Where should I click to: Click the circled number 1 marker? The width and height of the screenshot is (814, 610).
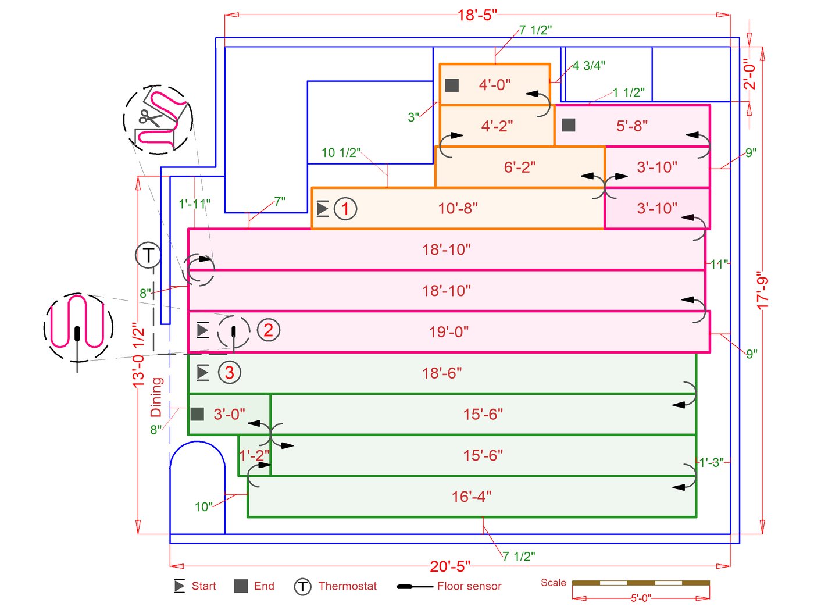[x=345, y=209]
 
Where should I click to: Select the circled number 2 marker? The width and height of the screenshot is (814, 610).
[x=268, y=330]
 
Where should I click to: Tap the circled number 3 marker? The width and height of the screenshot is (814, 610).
[x=229, y=372]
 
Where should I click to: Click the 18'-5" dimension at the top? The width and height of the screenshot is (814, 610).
[x=477, y=15]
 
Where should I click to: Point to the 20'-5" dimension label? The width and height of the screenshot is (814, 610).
[x=450, y=566]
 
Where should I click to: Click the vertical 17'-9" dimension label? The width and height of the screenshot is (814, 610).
[x=762, y=291]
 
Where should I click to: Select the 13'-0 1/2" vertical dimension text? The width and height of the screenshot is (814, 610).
[x=138, y=355]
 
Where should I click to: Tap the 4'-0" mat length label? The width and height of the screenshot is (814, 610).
[x=495, y=85]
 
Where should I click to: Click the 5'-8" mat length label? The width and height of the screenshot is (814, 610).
[x=632, y=126]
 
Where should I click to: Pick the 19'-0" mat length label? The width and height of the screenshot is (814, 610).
[x=449, y=332]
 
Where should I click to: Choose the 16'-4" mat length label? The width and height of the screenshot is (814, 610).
[x=472, y=497]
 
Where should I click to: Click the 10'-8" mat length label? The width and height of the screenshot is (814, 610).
[x=458, y=208]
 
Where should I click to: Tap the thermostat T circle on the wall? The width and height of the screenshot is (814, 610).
[x=148, y=255]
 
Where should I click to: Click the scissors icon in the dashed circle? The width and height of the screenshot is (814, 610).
[x=149, y=117]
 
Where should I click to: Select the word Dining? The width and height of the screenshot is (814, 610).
[x=156, y=397]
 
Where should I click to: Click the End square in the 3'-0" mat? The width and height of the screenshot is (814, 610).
[x=197, y=414]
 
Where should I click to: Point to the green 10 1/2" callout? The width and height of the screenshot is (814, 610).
[x=341, y=153]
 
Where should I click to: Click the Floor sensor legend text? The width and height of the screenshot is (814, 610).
[x=469, y=586]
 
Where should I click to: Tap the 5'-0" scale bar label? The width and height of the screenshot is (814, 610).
[x=641, y=598]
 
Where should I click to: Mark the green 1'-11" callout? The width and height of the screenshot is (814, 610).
[x=194, y=204]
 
